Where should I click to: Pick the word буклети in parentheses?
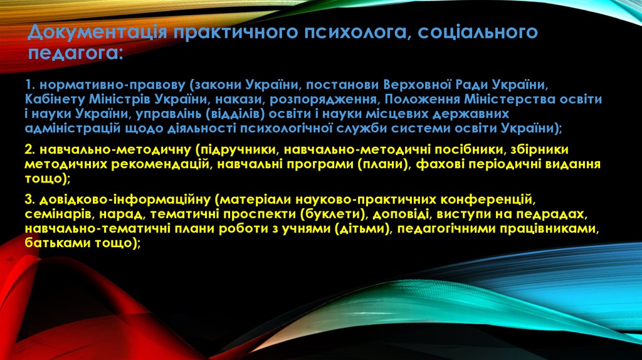tap(330, 214)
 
